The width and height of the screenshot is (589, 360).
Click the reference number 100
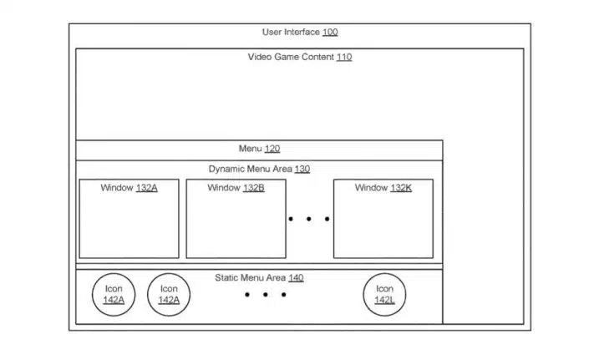330,33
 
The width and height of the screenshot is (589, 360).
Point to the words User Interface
291,33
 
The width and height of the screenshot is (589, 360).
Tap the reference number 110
344,57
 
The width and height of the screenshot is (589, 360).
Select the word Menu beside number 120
250,149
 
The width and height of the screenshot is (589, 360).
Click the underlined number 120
272,149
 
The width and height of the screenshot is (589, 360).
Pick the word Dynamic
224,169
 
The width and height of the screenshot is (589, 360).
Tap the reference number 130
302,169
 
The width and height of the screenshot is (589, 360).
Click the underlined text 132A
146,188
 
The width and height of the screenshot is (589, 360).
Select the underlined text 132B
253,188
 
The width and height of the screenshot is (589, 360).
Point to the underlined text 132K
401,188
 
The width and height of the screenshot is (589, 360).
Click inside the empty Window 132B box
236,226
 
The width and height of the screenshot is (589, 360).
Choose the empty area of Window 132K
383,226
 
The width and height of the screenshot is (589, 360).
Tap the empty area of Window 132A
129,226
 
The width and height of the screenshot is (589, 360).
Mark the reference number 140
296,278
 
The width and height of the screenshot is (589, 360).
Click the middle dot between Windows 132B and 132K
309,219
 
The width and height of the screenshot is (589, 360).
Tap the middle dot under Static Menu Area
265,295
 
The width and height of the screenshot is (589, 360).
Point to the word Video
260,57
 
